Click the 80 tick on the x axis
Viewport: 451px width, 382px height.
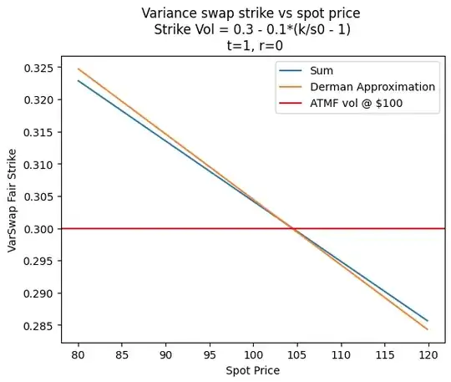79,353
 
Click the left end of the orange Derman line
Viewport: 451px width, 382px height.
79,69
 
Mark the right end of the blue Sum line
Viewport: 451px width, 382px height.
428,320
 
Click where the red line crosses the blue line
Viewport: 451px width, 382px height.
294,228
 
